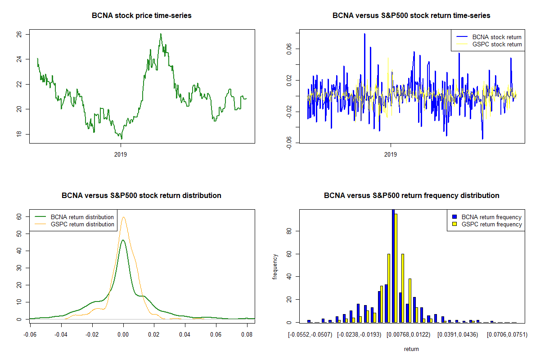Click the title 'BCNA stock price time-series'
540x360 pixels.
(142, 16)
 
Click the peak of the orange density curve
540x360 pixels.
(123, 217)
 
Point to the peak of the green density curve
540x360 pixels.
(123, 240)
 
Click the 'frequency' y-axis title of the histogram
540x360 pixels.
(275, 266)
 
